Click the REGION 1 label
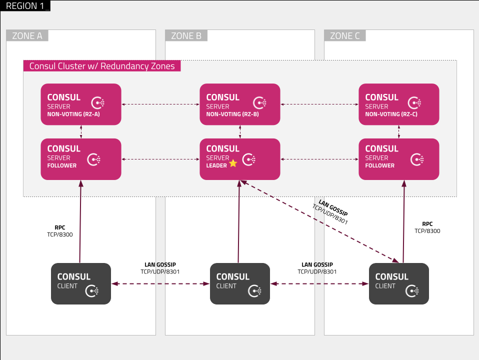coord(25,6)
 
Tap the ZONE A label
coord(27,36)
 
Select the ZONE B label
coord(186,36)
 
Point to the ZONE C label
coord(345,36)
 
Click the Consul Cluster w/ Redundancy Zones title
coord(102,66)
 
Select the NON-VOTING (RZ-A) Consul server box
coord(81,104)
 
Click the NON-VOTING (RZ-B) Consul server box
coord(240,104)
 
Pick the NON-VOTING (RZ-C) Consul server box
coord(398,104)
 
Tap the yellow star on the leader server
coord(233,163)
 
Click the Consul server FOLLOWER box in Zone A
coord(81,159)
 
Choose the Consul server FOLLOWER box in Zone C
coord(398,159)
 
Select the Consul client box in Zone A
coord(81,283)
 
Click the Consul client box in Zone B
coord(240,283)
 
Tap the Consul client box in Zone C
coord(398,283)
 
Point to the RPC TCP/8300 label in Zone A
coord(60,231)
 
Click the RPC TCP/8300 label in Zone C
coord(427,227)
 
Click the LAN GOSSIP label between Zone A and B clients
coord(160,264)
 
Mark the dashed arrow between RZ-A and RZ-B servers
coord(160,104)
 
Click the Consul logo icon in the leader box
coord(248,159)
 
